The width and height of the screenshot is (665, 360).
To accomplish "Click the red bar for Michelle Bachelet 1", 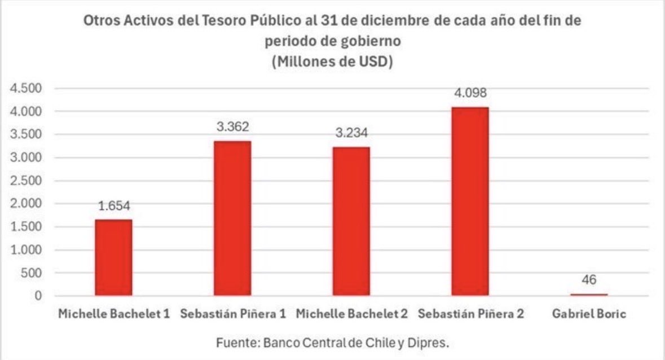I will click(x=113, y=257).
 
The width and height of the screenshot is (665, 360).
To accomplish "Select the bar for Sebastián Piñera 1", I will click(x=232, y=218).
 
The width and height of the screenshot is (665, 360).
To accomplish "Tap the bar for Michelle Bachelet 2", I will click(x=351, y=221).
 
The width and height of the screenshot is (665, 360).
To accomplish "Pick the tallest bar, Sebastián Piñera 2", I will click(x=470, y=201).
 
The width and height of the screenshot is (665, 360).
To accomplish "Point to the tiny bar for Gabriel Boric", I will click(x=589, y=295).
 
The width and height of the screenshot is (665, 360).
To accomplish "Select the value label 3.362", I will click(x=232, y=127).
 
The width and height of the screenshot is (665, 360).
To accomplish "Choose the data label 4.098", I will click(x=470, y=93).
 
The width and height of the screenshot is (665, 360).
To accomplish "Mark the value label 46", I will click(x=589, y=280).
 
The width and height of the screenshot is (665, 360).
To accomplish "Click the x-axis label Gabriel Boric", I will click(x=589, y=314).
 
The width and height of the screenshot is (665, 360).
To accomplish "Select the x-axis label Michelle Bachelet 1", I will click(x=114, y=314).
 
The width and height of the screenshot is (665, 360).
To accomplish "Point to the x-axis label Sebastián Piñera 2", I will click(x=471, y=314).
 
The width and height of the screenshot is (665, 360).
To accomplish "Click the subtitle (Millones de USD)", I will click(x=333, y=62).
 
